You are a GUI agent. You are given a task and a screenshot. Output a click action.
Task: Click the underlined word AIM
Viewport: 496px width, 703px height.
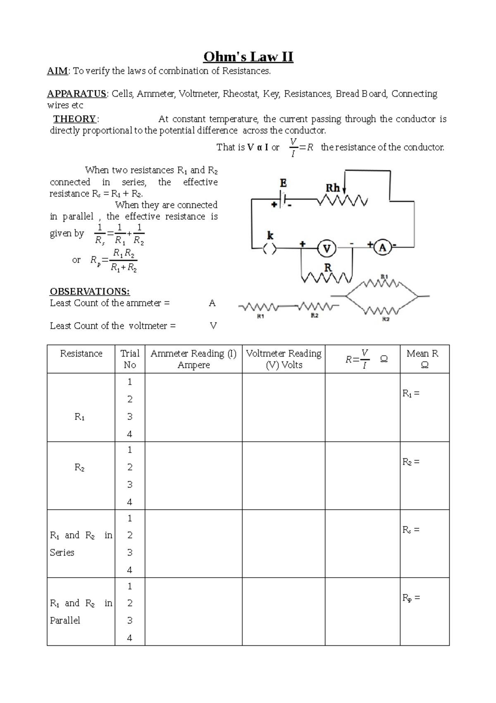pos(57,71)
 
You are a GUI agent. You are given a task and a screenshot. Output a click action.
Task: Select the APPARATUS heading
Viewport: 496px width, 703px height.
pos(77,94)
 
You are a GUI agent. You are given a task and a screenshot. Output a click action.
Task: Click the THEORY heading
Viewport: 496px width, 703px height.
pos(75,119)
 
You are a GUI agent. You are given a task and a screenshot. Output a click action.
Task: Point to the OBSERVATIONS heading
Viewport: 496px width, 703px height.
pos(90,291)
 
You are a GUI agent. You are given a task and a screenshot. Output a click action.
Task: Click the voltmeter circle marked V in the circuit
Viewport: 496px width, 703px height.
pos(327,248)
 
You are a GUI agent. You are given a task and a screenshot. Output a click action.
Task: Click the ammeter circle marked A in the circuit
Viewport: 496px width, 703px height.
pos(383,248)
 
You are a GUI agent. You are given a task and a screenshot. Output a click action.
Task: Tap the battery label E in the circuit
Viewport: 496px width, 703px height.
pos(283,183)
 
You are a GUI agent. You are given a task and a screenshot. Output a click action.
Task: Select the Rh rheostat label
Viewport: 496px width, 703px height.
pos(333,188)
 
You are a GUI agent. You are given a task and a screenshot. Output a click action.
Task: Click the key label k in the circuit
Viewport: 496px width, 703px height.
pos(270,236)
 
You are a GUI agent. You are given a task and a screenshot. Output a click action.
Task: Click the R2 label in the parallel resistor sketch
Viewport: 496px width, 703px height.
pos(385,320)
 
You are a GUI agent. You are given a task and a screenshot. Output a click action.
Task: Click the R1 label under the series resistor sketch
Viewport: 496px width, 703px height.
pos(260,316)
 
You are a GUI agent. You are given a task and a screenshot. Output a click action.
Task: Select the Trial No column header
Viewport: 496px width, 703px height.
pos(130,359)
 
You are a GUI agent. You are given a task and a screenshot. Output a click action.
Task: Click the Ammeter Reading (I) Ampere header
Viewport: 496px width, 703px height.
pos(193,359)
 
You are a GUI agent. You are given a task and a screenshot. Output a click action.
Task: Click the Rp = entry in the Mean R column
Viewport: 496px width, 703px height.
pos(411,598)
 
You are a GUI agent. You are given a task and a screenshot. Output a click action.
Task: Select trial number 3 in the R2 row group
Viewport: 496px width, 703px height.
pos(130,484)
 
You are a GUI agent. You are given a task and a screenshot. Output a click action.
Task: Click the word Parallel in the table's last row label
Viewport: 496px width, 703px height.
pos(65,620)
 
